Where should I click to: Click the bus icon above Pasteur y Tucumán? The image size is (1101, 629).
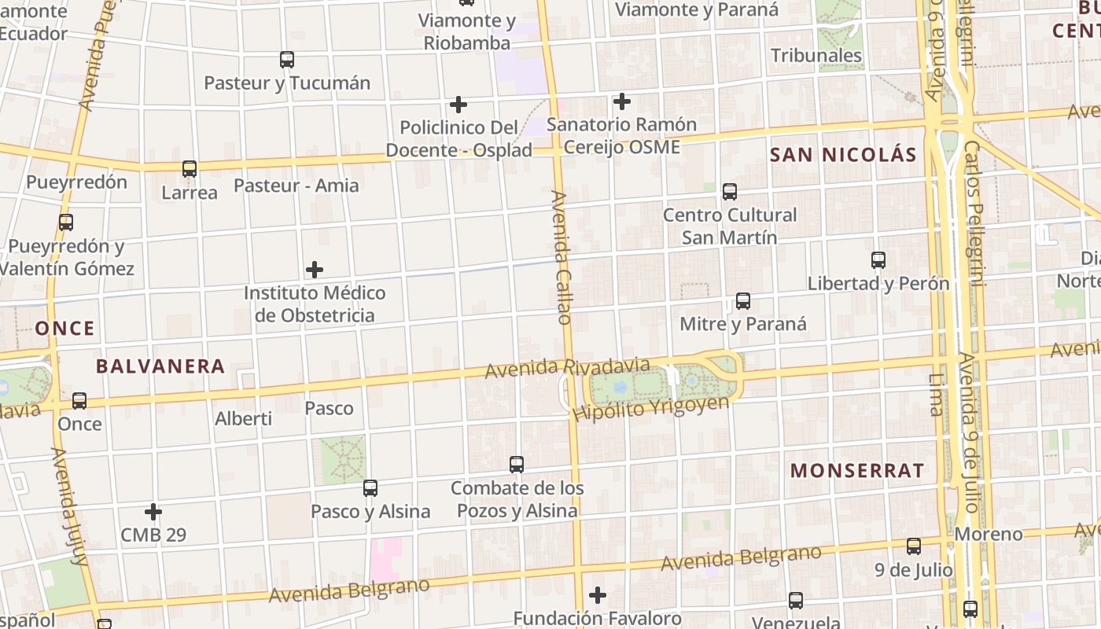(287, 59)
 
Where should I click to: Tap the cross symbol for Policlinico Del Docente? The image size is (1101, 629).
(458, 104)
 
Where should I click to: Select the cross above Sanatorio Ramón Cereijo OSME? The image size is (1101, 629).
(622, 101)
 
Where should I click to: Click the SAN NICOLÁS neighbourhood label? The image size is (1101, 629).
(843, 155)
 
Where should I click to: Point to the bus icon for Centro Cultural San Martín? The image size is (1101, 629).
(730, 191)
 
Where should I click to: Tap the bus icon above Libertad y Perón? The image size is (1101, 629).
(878, 259)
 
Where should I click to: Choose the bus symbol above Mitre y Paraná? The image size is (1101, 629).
(742, 300)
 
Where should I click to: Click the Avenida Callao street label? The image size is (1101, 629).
(561, 257)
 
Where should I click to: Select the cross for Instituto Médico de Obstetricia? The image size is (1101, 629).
(315, 270)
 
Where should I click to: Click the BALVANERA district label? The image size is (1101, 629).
(160, 366)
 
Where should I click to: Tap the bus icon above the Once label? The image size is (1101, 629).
(79, 401)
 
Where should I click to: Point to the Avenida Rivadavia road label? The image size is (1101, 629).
(567, 367)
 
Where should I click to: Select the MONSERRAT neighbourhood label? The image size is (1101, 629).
(857, 471)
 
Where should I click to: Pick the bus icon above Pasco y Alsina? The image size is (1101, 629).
(370, 487)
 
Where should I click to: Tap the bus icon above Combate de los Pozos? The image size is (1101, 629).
(517, 464)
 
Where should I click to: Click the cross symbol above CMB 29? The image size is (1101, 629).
(153, 512)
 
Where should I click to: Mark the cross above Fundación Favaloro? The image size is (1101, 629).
(598, 594)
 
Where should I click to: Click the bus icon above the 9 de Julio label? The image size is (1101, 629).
(914, 546)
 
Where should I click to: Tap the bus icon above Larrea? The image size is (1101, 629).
(190, 168)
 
